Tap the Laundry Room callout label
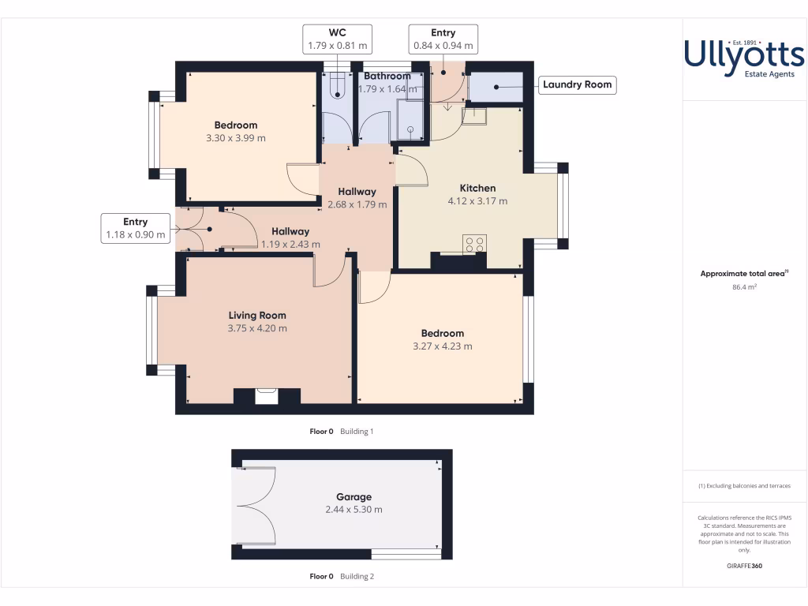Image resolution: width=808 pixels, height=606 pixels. (x=577, y=85)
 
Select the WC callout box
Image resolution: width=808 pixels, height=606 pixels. (x=338, y=39)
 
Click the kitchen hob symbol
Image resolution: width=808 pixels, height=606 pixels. (x=474, y=244)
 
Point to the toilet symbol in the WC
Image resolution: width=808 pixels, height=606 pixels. (x=338, y=84)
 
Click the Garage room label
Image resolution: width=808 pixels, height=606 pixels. (x=353, y=497)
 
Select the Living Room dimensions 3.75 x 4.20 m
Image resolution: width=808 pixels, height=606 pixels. (x=257, y=328)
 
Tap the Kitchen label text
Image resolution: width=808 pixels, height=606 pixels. (x=477, y=188)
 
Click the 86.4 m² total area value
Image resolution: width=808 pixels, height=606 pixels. (x=745, y=287)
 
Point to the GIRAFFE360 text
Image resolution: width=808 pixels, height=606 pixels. (x=744, y=566)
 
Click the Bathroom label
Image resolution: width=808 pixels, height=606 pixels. (x=387, y=77)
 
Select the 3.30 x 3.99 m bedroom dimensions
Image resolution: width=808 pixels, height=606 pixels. (x=235, y=138)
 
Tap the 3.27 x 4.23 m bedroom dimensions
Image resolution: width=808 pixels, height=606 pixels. (x=443, y=346)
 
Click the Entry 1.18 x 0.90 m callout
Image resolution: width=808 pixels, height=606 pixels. (x=135, y=228)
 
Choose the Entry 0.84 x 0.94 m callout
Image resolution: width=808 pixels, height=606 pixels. (x=443, y=39)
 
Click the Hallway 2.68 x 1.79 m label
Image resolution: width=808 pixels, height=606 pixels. (x=357, y=198)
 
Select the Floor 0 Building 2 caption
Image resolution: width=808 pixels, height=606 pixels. (x=342, y=577)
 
